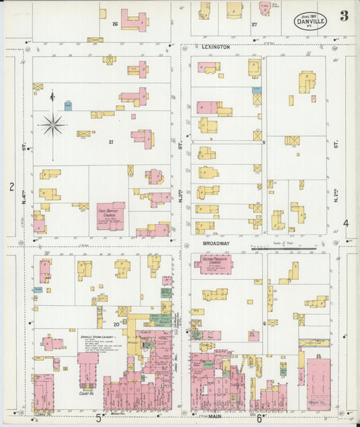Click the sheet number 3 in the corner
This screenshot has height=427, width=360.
click(x=344, y=16)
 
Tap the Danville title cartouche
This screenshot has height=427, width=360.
click(x=311, y=22)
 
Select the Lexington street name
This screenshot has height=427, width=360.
click(x=216, y=47)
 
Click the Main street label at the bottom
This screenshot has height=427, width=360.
click(x=216, y=417)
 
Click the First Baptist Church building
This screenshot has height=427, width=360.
click(x=110, y=216)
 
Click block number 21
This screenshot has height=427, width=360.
click(x=110, y=142)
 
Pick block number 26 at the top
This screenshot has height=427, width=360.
click(x=115, y=24)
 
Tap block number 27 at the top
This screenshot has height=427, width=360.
click(x=254, y=24)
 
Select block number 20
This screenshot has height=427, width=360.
click(x=116, y=325)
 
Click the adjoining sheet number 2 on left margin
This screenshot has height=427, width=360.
click(x=11, y=186)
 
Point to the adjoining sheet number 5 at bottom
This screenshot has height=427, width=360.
click(x=99, y=418)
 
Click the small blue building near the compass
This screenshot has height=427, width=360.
click(x=68, y=105)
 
